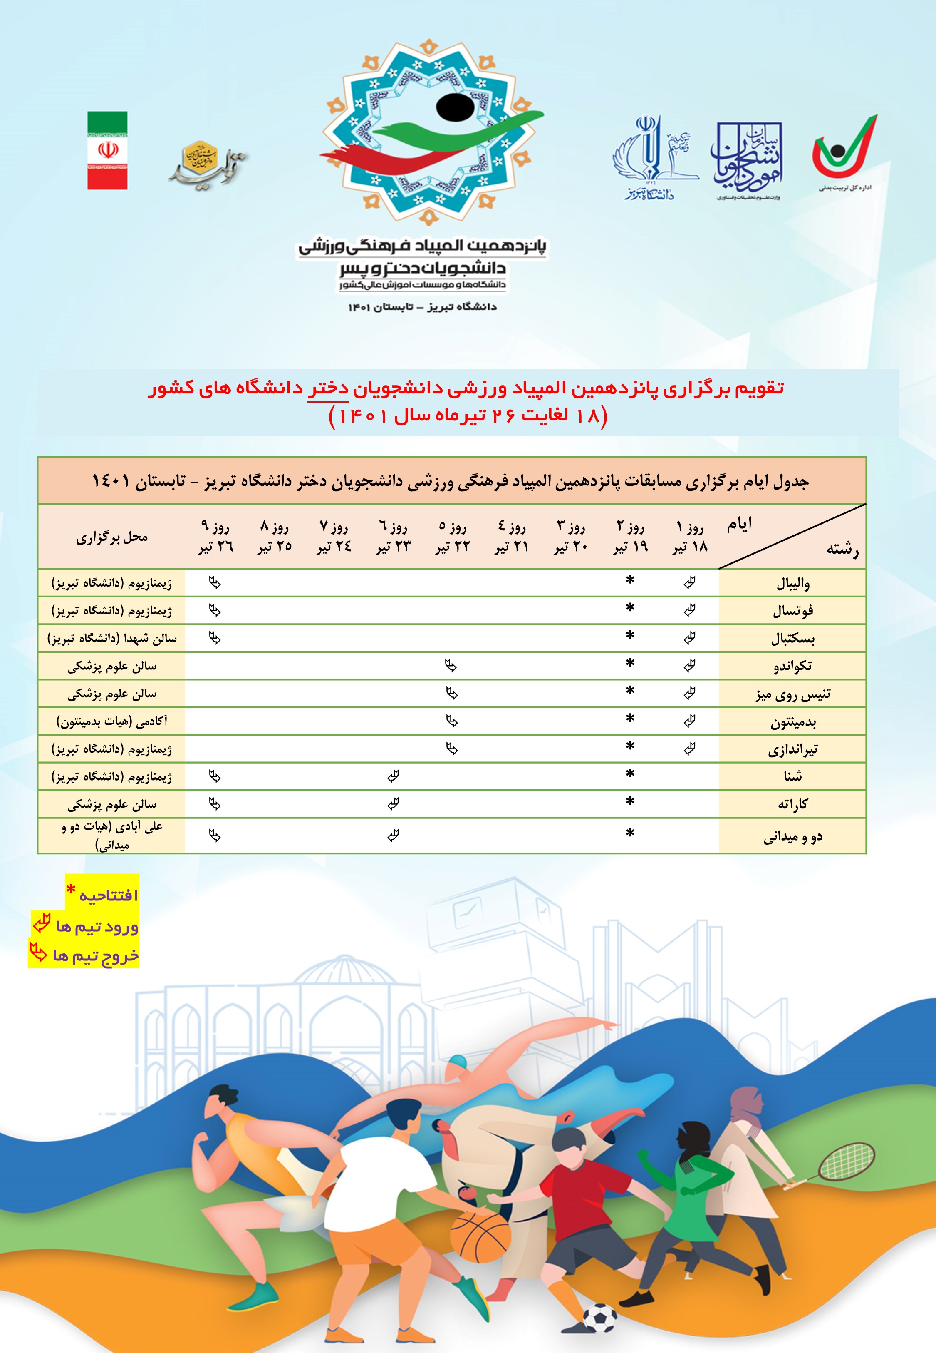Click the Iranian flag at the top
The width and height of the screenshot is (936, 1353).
[107, 151]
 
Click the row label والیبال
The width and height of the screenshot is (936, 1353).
[793, 583]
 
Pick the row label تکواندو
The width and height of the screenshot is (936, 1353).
[793, 666]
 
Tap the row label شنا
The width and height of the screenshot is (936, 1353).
[793, 776]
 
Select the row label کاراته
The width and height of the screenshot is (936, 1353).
[793, 804]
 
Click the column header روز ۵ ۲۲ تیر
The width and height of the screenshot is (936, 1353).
[453, 536]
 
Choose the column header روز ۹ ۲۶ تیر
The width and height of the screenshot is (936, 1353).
[215, 536]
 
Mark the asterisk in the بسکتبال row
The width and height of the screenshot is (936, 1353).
[630, 637]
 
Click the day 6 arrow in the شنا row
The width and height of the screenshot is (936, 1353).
[393, 776]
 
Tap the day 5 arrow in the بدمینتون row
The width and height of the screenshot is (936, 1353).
[452, 721]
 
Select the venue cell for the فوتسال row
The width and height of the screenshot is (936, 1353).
[111, 611]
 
